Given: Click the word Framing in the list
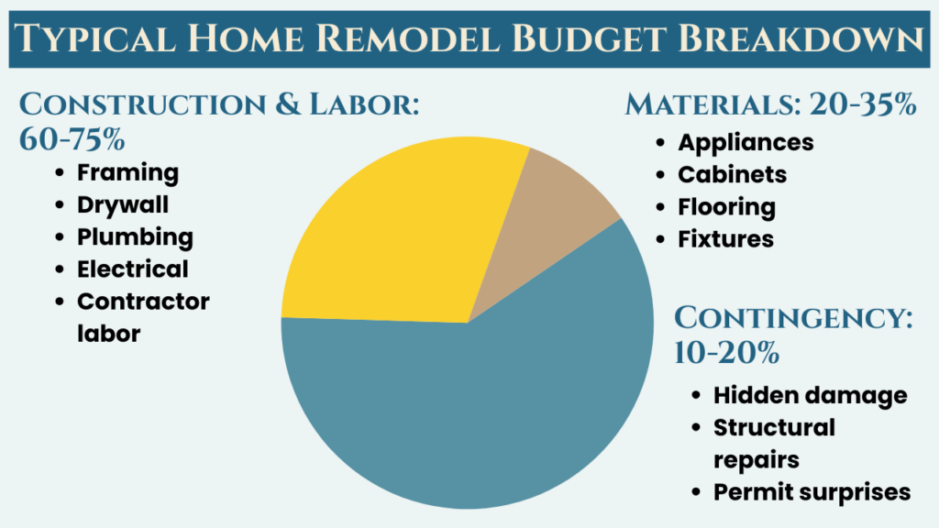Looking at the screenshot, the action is (x=127, y=173).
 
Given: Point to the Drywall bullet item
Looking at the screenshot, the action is (x=123, y=204).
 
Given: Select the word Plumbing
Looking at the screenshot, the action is (x=135, y=237).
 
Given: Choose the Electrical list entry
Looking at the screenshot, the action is (x=132, y=269).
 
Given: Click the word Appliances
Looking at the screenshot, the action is (x=746, y=142).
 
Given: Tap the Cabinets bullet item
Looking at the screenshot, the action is (x=732, y=175).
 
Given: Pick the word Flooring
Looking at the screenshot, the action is (x=726, y=207).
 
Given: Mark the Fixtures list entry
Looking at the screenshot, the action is (x=725, y=239).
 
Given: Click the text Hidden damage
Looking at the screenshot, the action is (x=810, y=396).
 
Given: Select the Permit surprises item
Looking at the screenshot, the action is (x=812, y=492).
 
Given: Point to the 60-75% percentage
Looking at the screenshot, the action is (x=72, y=139).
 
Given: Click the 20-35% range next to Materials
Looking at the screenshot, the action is (x=862, y=104).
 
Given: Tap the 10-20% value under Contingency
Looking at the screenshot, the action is (x=726, y=353).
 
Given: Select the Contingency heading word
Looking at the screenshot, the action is (x=793, y=317).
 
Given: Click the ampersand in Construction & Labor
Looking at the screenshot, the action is (x=288, y=104).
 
